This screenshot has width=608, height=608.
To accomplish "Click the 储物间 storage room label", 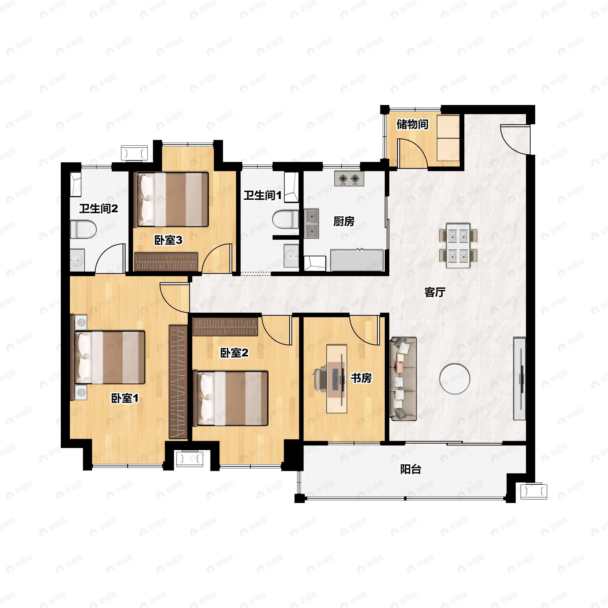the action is (x=412, y=124).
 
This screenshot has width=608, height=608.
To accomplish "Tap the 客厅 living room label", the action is (x=435, y=292).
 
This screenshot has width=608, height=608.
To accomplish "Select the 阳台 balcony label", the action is (x=411, y=469).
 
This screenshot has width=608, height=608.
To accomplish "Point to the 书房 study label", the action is (x=362, y=378).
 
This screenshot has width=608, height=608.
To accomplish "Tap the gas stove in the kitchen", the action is (x=349, y=179).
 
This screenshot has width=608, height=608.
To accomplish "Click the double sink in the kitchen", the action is (x=311, y=224).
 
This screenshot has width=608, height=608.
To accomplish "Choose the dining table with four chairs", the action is (x=459, y=245).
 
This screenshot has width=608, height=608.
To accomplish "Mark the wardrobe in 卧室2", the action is (x=225, y=327).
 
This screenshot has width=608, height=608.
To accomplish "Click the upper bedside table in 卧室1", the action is (x=81, y=322).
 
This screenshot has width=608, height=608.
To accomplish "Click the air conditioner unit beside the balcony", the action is (x=534, y=491).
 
